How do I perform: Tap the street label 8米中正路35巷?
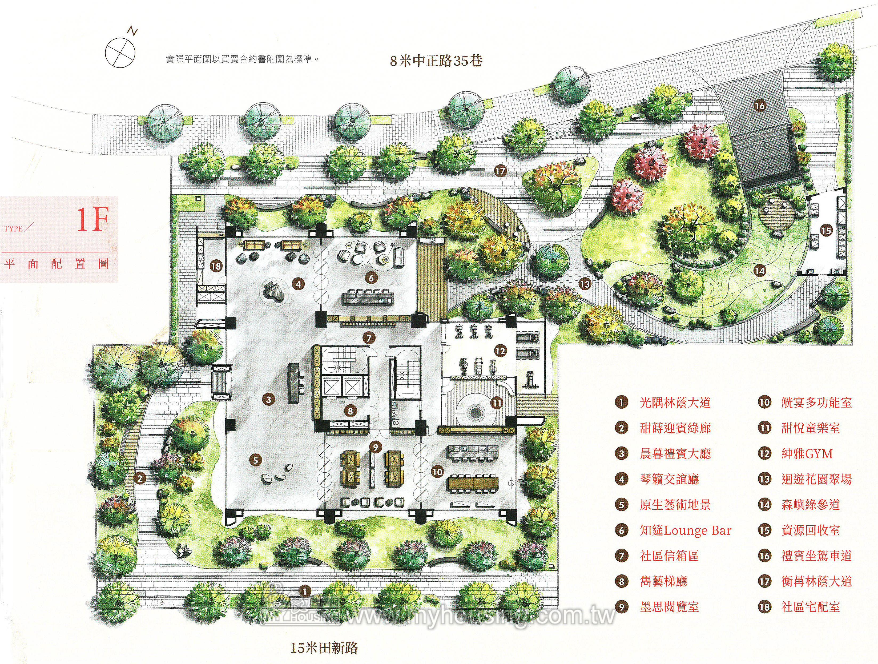click(x=436, y=61)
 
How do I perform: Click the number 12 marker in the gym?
click(x=501, y=351)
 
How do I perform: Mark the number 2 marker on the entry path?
click(x=140, y=479)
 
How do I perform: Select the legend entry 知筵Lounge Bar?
click(x=686, y=531)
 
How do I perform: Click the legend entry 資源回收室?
click(x=811, y=531)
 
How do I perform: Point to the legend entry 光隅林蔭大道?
click(x=675, y=403)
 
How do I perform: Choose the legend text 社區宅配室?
click(x=811, y=607)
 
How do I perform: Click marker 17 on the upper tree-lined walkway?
click(x=501, y=171)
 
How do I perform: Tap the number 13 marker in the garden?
click(x=585, y=284)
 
